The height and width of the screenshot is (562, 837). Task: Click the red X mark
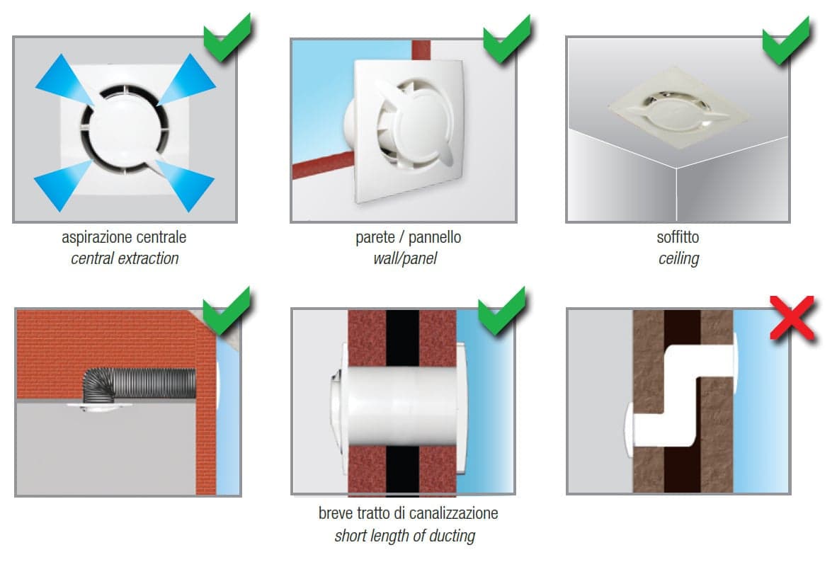click(x=792, y=318)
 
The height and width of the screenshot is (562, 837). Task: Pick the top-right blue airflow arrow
click(x=187, y=79)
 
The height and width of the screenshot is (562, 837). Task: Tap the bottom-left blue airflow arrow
click(x=63, y=185)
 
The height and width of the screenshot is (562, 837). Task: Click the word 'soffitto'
click(x=678, y=237)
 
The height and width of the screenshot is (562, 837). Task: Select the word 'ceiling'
click(x=678, y=259)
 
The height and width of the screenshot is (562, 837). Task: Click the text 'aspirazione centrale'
click(x=124, y=238)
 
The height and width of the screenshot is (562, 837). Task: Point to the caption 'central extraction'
click(x=125, y=259)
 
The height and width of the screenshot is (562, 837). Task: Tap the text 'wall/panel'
click(x=404, y=259)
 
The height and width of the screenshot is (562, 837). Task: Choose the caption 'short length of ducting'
click(x=404, y=535)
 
